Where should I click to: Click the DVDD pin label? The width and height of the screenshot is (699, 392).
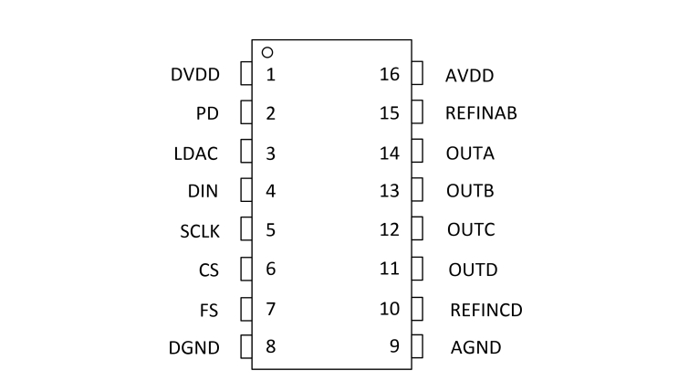coord(195,75)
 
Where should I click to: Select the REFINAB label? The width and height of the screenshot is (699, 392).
coord(482,113)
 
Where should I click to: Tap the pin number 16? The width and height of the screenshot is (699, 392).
coord(390,74)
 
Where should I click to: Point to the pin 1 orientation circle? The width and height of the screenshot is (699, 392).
coord(267,52)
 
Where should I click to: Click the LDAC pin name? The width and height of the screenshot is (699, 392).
coord(195,153)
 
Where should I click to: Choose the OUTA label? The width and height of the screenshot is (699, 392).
coord(470,153)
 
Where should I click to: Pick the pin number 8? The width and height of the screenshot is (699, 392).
coord(270,346)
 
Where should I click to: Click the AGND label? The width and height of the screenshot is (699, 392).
coord(475,347)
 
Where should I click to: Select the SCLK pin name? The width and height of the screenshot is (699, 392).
coord(200,230)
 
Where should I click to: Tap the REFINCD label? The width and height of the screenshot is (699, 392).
coord(486,309)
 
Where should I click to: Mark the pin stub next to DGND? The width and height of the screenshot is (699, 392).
coord(245,346)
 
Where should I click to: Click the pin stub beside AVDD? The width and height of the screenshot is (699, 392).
coord(417,73)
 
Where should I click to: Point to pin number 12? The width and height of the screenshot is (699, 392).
coord(390,229)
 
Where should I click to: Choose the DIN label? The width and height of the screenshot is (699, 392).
coord(203,191)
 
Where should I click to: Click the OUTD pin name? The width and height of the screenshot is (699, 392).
coord(473,270)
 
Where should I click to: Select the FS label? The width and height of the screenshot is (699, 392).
coord(208,309)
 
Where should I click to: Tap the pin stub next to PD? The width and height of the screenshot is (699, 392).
coord(245,113)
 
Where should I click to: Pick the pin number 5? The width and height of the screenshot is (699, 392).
coord(270,229)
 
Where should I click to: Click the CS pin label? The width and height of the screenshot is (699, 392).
coord(208,270)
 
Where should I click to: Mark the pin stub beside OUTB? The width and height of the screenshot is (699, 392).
coord(417,191)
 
